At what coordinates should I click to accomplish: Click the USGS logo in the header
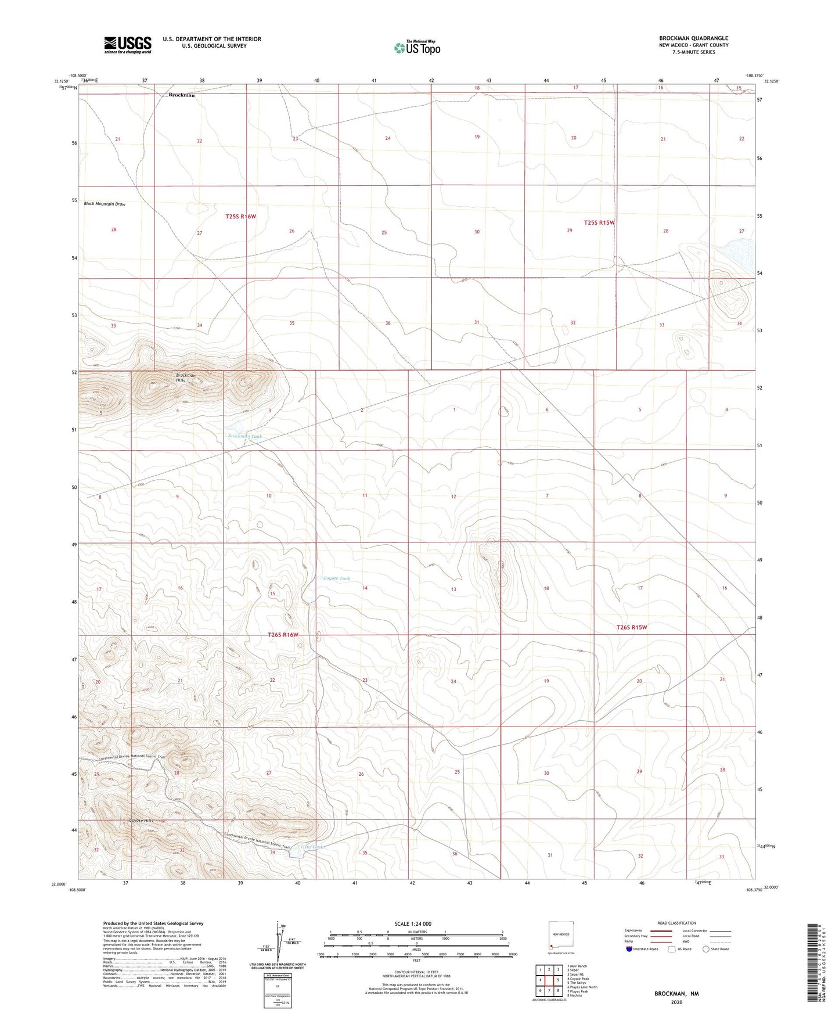coord(127,45)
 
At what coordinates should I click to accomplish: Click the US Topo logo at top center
coord(416,48)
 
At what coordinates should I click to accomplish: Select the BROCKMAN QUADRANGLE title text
coord(693,38)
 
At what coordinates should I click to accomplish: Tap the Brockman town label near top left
coord(181,95)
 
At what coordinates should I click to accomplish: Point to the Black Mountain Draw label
coord(105,204)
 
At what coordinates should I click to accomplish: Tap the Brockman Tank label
coord(244,436)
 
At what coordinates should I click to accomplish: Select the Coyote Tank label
coord(337,578)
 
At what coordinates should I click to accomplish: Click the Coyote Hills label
coord(141,821)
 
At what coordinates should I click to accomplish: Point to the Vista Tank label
coord(312,847)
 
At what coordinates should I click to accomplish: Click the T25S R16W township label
coord(240,217)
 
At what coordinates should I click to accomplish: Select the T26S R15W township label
coord(631,627)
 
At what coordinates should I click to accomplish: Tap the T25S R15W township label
coord(599,222)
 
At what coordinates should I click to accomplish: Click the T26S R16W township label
coord(283,635)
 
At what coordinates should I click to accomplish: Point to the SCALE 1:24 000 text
coord(413,923)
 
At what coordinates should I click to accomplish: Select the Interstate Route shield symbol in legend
coord(629,949)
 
